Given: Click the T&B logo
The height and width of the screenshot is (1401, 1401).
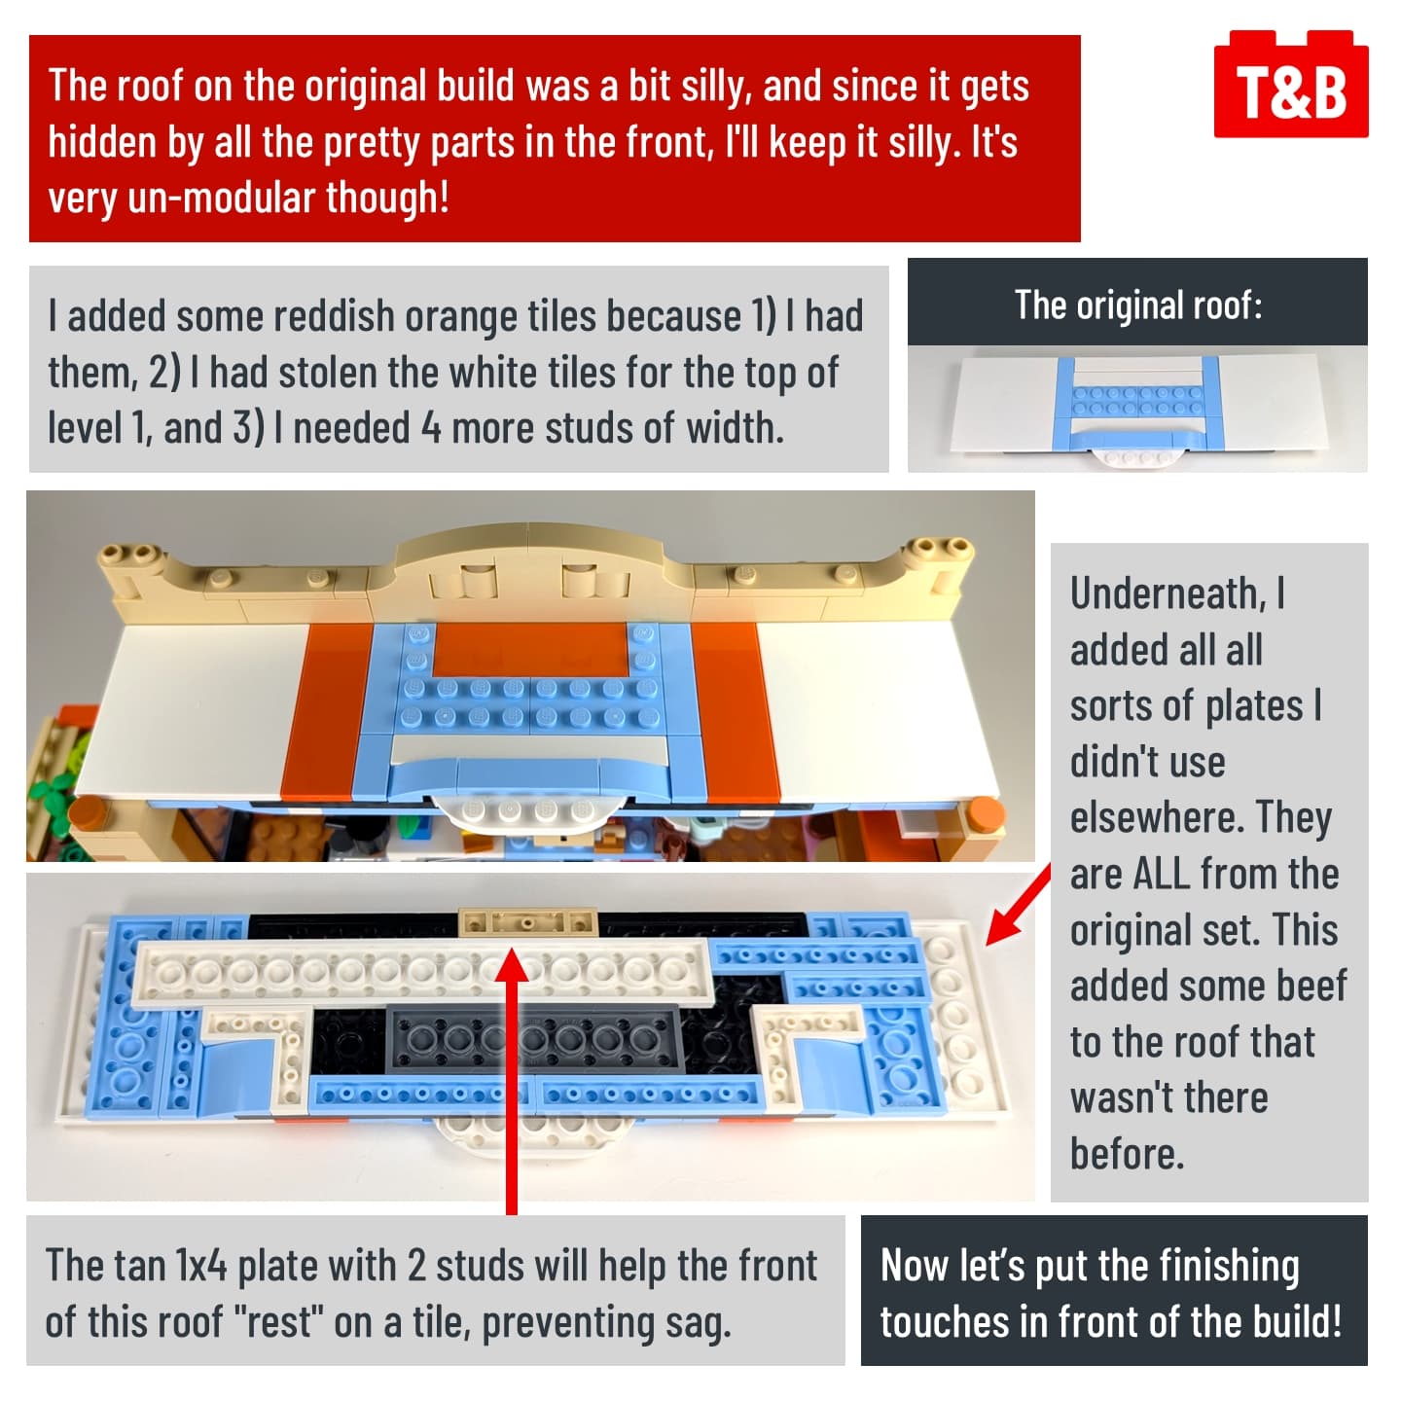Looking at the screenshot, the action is point(1290,85).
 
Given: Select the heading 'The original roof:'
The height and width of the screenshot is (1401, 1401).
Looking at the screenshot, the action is point(1137,304).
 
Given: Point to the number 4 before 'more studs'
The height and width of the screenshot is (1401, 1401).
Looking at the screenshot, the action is point(431,428).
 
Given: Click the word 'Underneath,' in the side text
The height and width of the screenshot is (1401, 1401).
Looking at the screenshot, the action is point(1168,594).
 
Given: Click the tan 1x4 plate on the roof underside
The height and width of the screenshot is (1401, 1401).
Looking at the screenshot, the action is point(527,922).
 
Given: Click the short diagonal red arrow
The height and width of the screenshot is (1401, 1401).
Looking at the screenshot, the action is point(1018,906).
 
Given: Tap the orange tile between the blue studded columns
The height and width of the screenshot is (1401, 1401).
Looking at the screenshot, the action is point(530,648).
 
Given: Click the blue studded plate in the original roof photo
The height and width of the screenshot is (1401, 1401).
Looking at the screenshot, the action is point(1137,402).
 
